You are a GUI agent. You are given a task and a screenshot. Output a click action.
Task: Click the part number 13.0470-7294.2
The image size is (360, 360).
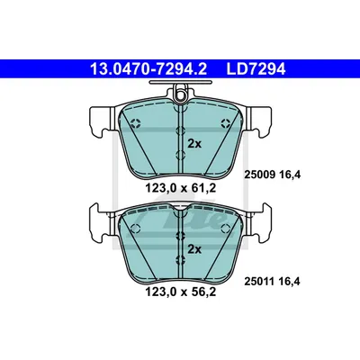[x=148, y=69]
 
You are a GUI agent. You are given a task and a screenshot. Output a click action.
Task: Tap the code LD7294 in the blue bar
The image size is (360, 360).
[x=256, y=69]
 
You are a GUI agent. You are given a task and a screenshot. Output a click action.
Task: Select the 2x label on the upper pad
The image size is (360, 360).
[x=194, y=144]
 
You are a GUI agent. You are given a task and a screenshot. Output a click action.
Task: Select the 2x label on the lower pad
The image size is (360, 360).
[x=194, y=249]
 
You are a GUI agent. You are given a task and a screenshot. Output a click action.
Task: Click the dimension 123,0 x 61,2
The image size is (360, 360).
[x=181, y=188]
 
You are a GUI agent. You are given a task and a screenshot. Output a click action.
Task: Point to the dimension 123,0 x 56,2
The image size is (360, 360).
[x=181, y=292]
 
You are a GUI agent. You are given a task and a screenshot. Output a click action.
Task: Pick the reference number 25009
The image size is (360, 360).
[x=260, y=175]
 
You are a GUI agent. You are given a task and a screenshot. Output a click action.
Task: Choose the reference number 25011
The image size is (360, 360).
[x=260, y=282]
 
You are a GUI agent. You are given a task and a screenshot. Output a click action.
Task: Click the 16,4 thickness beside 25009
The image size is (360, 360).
[x=289, y=175]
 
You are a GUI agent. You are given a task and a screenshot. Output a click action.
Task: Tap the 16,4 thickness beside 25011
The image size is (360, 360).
[x=289, y=282]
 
